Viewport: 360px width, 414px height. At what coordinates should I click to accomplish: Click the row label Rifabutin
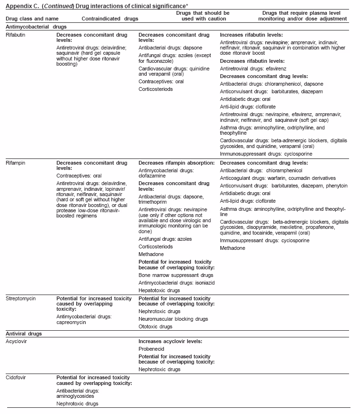[16, 35]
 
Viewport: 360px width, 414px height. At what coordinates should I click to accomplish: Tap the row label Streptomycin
[21, 298]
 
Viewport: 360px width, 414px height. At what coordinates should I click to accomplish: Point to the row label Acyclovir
[17, 341]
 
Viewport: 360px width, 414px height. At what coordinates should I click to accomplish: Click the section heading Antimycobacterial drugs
[36, 27]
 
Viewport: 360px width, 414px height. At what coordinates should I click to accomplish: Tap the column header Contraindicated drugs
[110, 18]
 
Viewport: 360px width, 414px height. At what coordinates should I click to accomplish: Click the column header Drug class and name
[32, 18]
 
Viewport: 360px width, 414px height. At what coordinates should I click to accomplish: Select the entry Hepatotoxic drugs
[159, 290]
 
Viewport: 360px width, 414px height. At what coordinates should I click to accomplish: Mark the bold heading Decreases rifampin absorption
[176, 163]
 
